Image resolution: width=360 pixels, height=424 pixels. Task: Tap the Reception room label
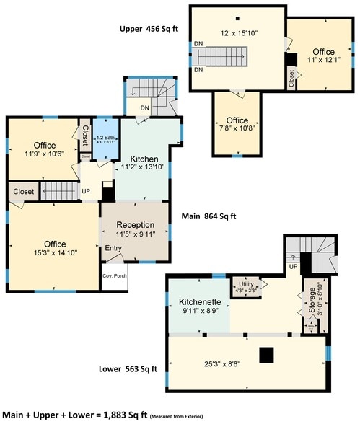click(135, 225)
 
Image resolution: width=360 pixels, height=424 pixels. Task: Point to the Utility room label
click(247, 285)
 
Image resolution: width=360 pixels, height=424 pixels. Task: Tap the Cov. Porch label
click(115, 275)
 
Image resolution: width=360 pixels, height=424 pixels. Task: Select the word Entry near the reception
click(114, 249)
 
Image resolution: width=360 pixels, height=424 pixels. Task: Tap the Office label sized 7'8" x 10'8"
click(237, 120)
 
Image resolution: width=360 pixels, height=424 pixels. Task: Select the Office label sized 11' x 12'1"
click(323, 52)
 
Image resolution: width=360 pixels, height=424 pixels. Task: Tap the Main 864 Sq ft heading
click(209, 216)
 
